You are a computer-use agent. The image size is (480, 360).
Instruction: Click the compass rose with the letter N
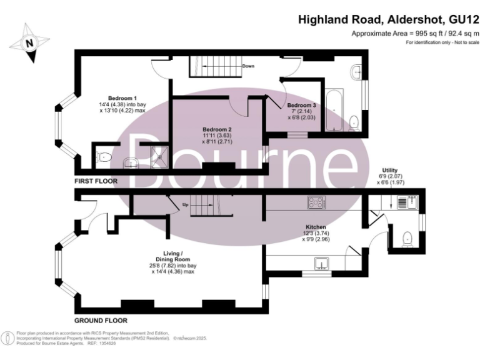29,43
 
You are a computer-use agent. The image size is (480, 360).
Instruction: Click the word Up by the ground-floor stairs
185,204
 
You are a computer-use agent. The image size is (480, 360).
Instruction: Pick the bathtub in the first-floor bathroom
334,109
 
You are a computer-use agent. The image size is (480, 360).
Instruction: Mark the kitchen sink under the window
323,262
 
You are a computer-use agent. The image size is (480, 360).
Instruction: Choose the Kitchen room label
314,226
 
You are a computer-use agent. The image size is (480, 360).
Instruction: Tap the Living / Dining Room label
173,256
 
